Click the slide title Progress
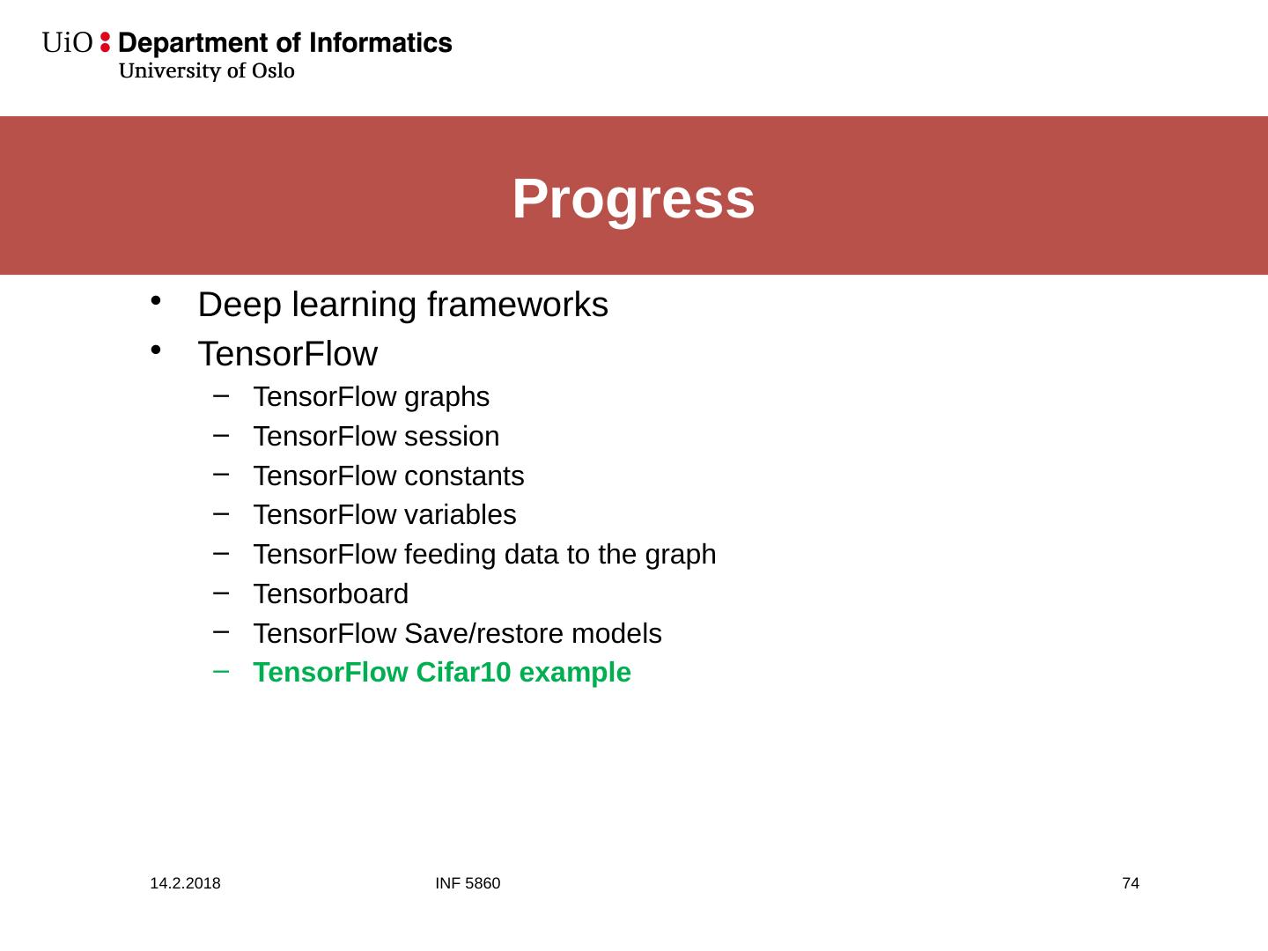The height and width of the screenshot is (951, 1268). coord(634,199)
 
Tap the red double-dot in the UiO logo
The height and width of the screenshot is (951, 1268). coord(105,42)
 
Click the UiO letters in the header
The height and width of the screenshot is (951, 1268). coord(67,43)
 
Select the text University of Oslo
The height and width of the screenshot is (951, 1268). coord(207,70)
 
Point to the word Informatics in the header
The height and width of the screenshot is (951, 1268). coord(380,43)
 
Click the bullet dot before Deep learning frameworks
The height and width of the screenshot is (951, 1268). coord(155,301)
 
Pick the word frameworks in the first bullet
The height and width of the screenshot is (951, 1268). coord(518,305)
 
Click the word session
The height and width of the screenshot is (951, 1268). coord(452,437)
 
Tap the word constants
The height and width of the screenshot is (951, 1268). coord(464,476)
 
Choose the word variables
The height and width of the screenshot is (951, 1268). coord(461,515)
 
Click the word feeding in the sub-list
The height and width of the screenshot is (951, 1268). coord(451,555)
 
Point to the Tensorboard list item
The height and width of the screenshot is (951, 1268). coord(331,594)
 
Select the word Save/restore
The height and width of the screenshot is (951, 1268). coord(484,633)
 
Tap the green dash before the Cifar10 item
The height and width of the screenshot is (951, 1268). coord(221,671)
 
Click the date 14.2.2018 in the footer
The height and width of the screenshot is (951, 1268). coord(186,883)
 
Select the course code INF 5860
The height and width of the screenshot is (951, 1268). coord(468,883)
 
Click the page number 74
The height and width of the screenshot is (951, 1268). coord(1131,883)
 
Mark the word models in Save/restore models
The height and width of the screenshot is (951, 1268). coord(616,633)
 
